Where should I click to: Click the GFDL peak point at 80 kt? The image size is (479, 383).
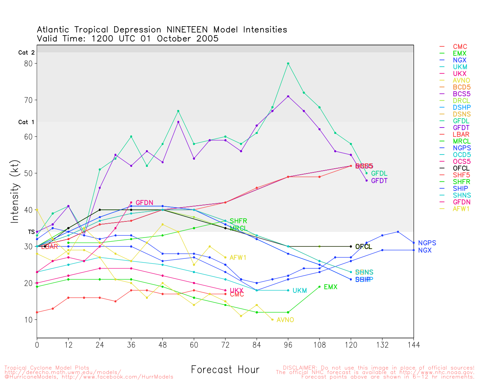click(288, 64)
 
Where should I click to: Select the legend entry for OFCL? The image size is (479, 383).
click(461, 168)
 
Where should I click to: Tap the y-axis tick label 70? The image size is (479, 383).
click(28, 100)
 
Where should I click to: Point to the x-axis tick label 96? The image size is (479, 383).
click(288, 344)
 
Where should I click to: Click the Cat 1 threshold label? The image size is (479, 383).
click(26, 122)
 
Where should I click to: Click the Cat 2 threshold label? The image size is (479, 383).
click(26, 53)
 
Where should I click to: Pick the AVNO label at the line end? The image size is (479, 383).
click(285, 320)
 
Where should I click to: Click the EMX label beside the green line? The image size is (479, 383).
click(330, 287)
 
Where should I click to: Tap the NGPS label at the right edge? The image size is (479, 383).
click(427, 243)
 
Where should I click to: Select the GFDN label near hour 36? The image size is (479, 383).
click(144, 203)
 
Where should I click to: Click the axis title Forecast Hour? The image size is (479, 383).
click(225, 370)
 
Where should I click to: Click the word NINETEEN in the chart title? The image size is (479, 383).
click(187, 30)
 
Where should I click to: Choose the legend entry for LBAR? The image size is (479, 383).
click(461, 134)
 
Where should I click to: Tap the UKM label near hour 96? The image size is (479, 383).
click(300, 291)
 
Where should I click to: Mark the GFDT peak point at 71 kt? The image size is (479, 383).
click(288, 96)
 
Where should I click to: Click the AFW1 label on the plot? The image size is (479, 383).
click(238, 258)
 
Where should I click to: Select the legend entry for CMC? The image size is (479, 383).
click(460, 47)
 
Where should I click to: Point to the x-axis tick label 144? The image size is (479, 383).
click(414, 344)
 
